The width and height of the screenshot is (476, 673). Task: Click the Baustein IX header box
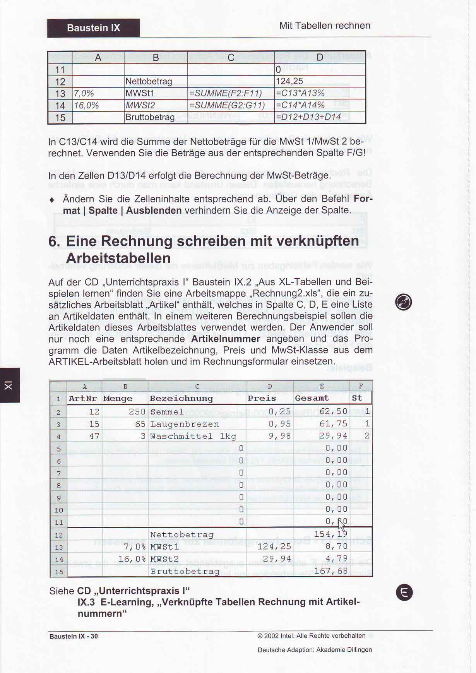tap(93, 28)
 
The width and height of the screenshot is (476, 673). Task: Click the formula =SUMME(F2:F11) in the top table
tap(225, 93)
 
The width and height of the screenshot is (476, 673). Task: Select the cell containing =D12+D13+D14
tap(308, 117)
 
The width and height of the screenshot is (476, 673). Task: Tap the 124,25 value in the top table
tap(289, 81)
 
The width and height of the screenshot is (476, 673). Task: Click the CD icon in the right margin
tap(403, 302)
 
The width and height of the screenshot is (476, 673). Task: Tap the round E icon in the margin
tap(404, 592)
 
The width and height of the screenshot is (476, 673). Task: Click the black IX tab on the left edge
tap(9, 385)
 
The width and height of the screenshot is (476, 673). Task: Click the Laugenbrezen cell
tap(184, 424)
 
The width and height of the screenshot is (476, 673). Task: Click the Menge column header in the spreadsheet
tap(118, 398)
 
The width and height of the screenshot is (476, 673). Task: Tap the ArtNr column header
tap(82, 398)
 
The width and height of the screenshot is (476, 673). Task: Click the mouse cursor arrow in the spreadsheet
tap(342, 526)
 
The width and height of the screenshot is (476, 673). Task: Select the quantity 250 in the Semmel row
tap(137, 412)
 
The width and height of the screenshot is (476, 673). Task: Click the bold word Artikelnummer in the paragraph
tap(225, 339)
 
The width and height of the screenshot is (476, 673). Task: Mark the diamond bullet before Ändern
tap(52, 200)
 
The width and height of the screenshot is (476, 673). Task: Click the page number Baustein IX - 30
tap(74, 636)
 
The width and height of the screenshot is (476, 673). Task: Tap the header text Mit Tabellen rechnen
tap(325, 26)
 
